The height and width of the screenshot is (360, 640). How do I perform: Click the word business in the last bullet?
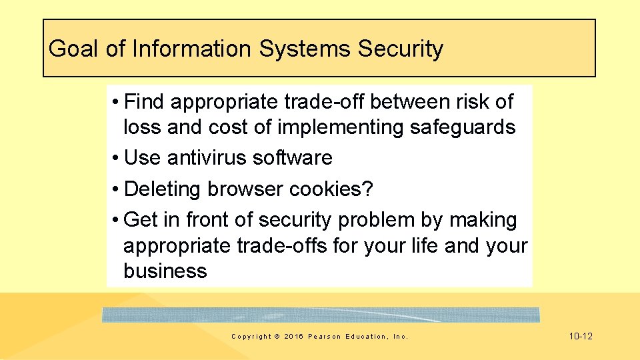tap(165, 271)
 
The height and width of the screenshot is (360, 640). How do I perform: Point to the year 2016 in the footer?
tap(293, 337)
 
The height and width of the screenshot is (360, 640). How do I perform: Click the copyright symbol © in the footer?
tap(277, 337)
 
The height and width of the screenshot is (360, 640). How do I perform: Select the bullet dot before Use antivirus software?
tap(116, 159)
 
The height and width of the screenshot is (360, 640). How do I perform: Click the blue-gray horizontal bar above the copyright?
tap(320, 315)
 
